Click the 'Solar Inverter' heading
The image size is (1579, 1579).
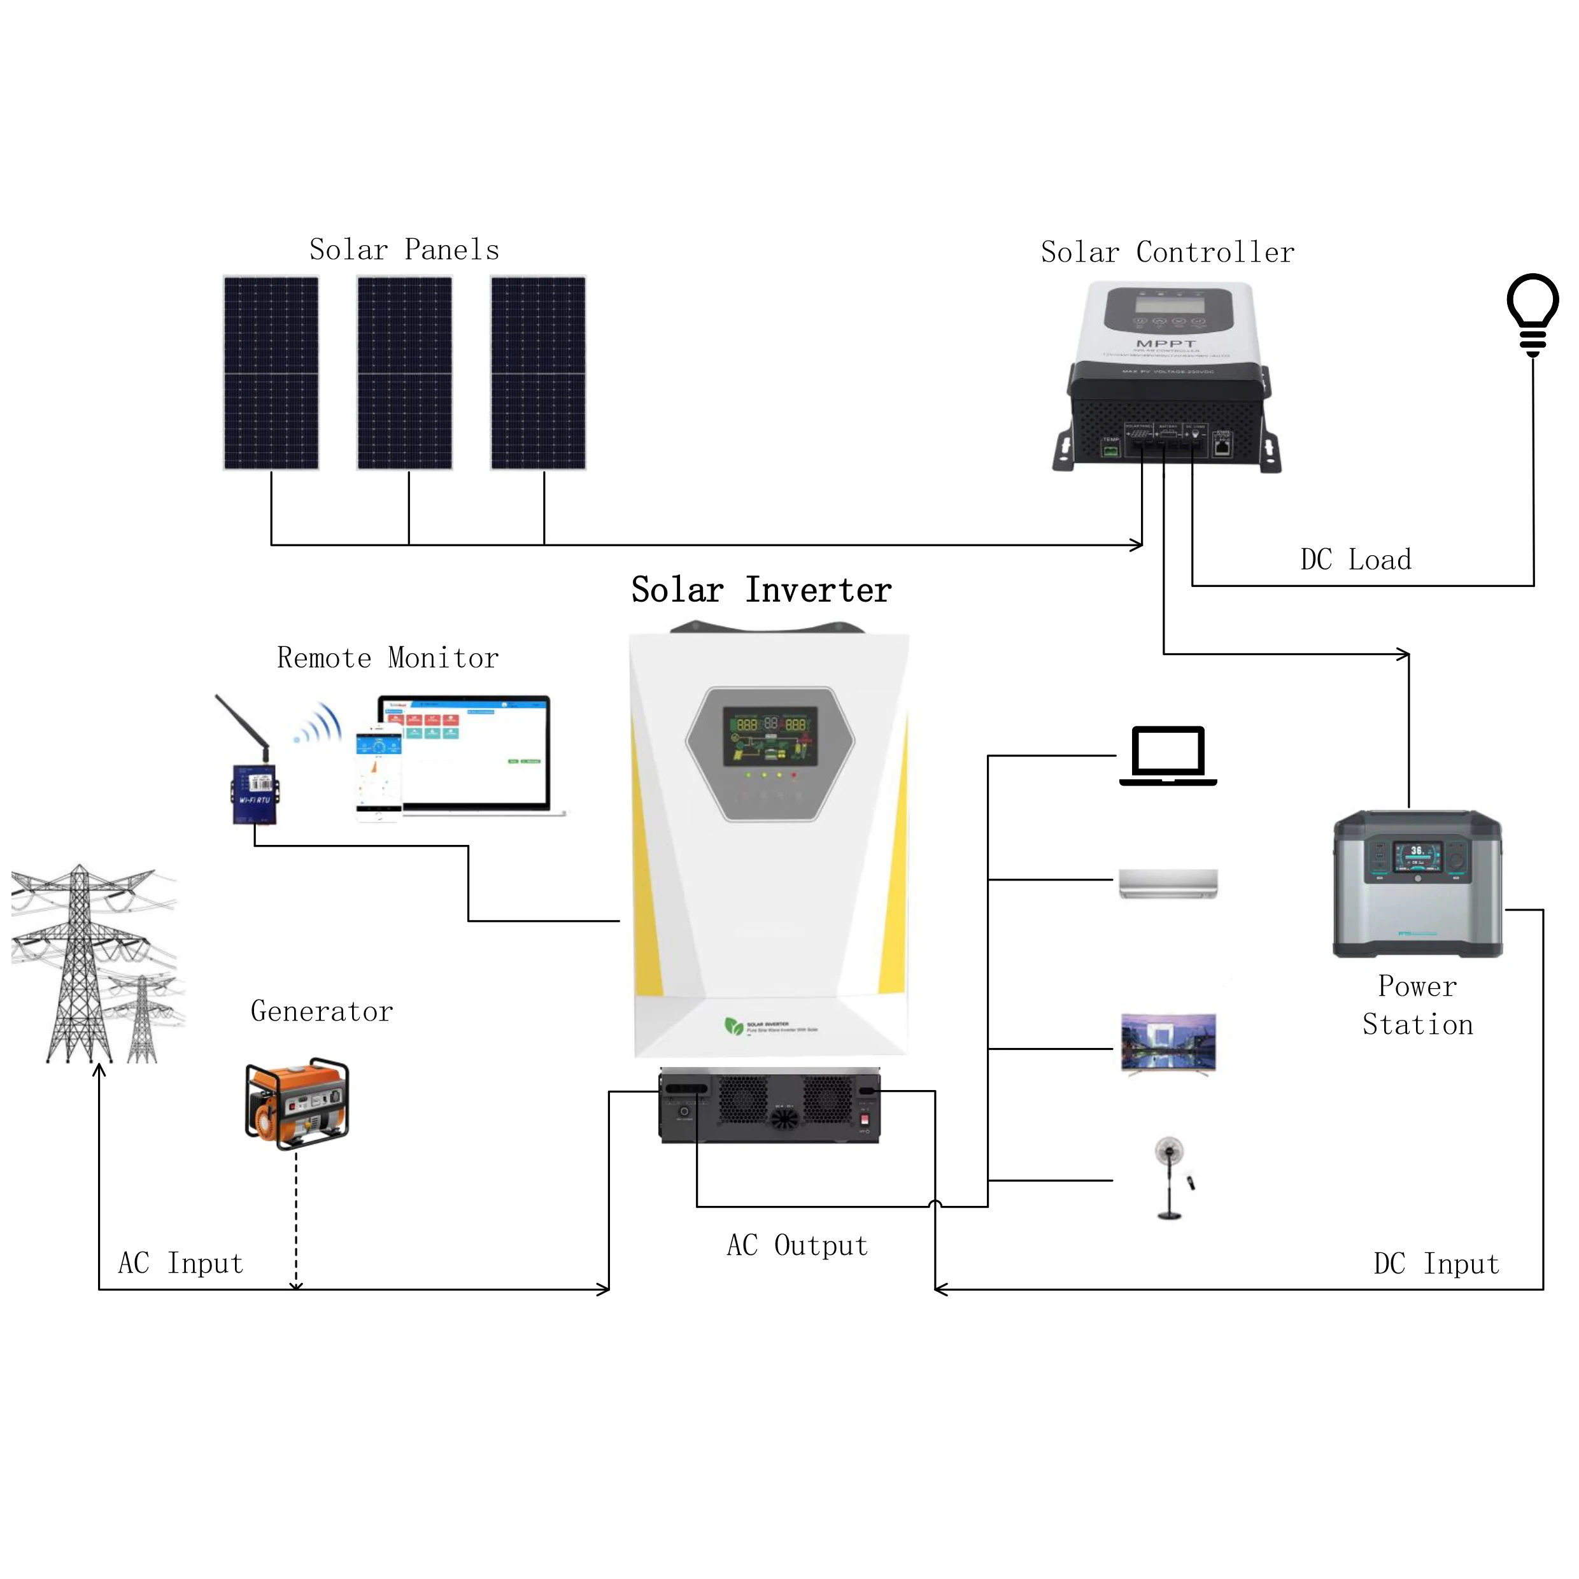761,590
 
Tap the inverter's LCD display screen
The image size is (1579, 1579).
770,735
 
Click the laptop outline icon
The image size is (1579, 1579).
1168,755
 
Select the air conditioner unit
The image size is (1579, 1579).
1168,884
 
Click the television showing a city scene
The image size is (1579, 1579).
1168,1043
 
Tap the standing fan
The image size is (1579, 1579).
1170,1177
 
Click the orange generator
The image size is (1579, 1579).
297,1103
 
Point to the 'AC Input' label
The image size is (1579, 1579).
181,1264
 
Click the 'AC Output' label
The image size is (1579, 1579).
797,1245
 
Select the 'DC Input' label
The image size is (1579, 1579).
1436,1264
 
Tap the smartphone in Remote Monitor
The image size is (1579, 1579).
378,776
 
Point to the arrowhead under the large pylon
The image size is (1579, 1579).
99,1070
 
